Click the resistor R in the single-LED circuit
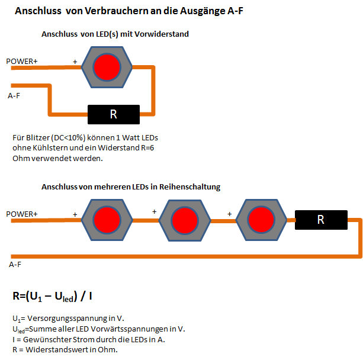(114, 115)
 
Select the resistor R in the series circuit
(321, 220)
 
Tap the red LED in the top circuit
(107, 67)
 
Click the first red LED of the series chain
(107, 220)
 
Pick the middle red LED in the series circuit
(185, 220)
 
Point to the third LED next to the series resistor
(261, 220)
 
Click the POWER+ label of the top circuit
(22, 62)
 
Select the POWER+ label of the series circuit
(22, 214)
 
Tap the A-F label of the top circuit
(14, 95)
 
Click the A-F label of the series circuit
(15, 265)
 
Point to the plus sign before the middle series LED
(155, 211)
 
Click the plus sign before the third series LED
(229, 214)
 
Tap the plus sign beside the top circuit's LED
(75, 62)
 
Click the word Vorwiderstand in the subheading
(162, 34)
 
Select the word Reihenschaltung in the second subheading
(189, 187)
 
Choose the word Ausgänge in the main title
(203, 11)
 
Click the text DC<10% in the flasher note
(68, 138)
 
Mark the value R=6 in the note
(147, 147)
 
